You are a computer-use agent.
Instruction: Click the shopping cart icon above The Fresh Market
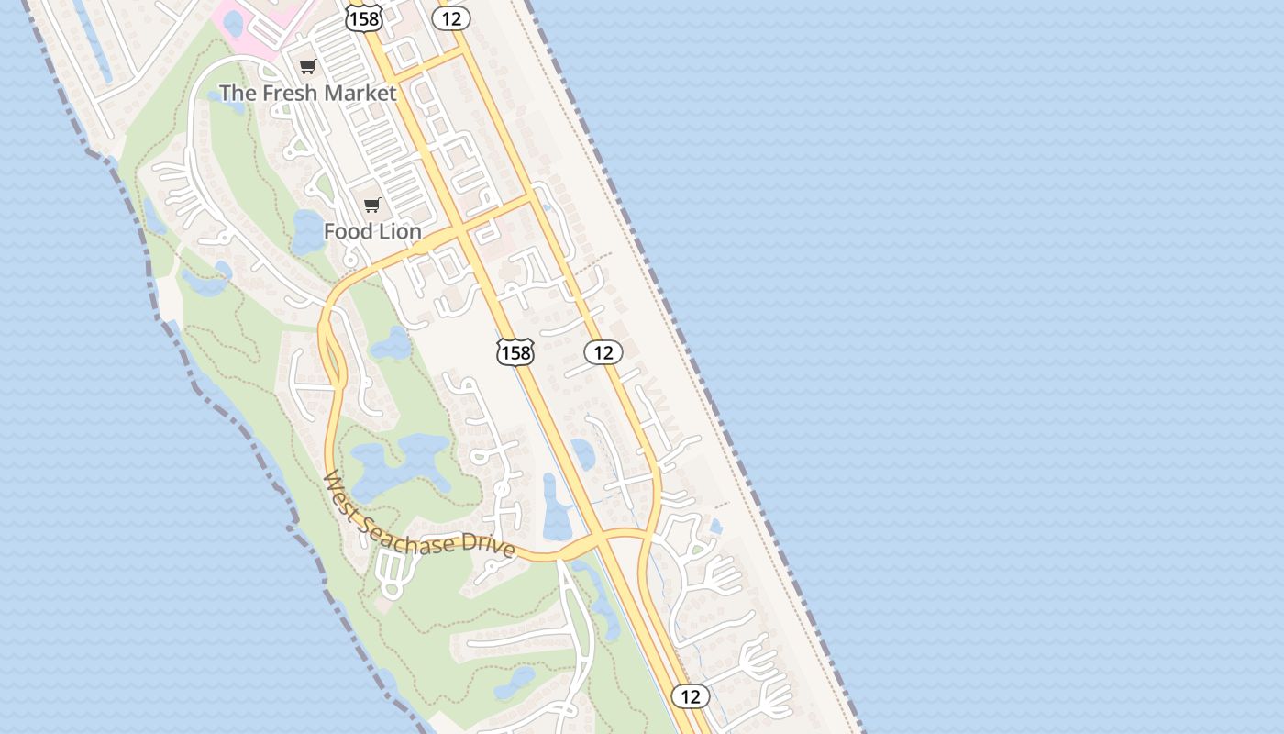tap(308, 66)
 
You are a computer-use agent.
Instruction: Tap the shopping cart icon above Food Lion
tap(371, 206)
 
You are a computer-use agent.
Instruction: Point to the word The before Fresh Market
tap(237, 93)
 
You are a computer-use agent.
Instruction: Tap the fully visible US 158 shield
tap(515, 352)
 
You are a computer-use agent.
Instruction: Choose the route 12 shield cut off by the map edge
tap(450, 17)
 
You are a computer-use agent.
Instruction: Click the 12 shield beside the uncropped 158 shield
tap(603, 352)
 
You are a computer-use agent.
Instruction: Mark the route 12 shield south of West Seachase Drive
tap(690, 696)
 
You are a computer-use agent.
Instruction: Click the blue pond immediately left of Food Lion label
tap(307, 231)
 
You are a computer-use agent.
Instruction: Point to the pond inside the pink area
tap(234, 24)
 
